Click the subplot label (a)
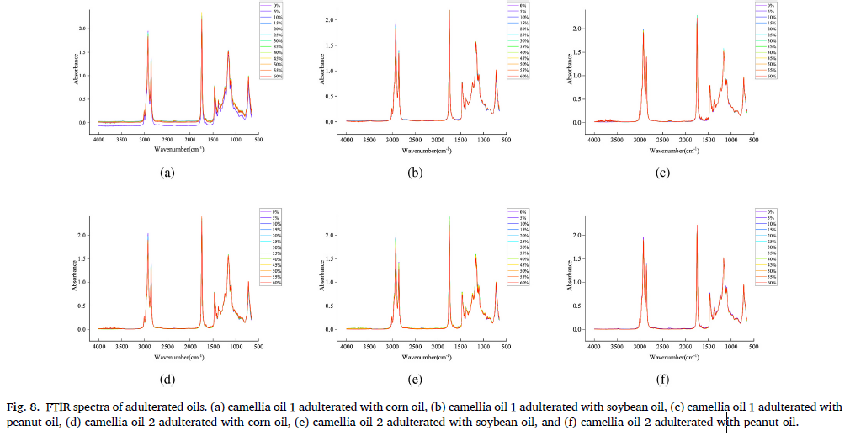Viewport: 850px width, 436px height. (x=167, y=174)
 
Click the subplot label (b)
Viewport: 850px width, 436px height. (x=414, y=174)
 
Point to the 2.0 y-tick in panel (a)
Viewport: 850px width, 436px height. (x=82, y=29)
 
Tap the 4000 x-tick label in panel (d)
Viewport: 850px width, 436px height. (x=98, y=347)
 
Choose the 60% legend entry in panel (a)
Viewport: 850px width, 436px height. (x=270, y=77)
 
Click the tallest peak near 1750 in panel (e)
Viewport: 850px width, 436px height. (x=449, y=217)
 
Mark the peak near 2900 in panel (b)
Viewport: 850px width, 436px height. (x=396, y=23)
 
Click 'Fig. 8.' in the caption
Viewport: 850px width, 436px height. (x=22, y=407)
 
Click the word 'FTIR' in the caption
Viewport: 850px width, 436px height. (x=54, y=407)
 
